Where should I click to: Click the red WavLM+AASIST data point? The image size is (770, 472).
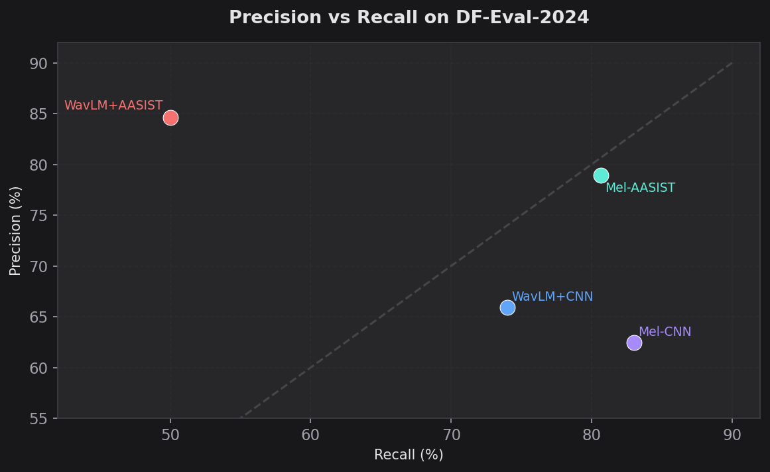click(x=170, y=118)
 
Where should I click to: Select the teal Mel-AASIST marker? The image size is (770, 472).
click(x=601, y=175)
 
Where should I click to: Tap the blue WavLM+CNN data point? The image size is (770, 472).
click(x=507, y=307)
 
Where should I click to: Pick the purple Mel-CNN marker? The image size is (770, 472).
click(x=634, y=343)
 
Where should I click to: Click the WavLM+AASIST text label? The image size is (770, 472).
click(x=113, y=106)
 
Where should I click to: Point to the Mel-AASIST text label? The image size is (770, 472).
click(x=640, y=188)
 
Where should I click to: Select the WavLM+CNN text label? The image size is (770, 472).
click(x=552, y=297)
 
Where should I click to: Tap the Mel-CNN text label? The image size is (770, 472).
click(x=665, y=332)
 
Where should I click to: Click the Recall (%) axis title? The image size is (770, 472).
click(x=409, y=455)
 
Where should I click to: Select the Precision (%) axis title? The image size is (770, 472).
click(x=15, y=230)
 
